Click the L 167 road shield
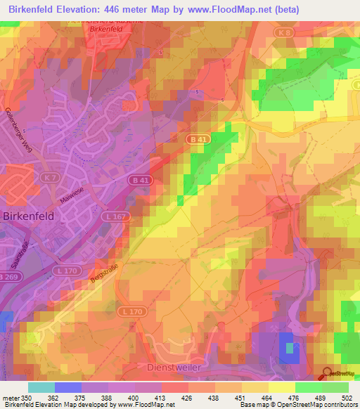tap(117, 216)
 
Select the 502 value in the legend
tap(347, 397)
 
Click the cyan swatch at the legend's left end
tap(41, 387)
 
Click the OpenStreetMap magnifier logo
tap(326, 375)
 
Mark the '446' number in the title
tap(120, 10)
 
